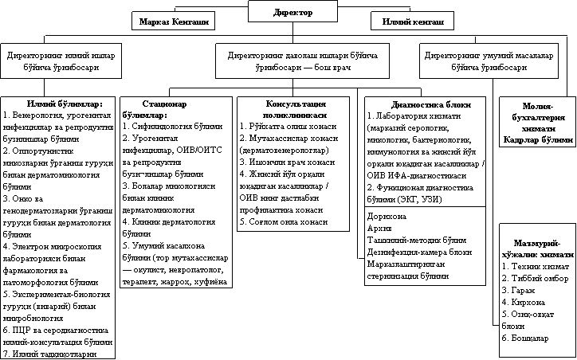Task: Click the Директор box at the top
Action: pyautogui.click(x=288, y=13)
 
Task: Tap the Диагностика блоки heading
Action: pyautogui.click(x=425, y=104)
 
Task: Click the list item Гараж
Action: pyautogui.click(x=517, y=291)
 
